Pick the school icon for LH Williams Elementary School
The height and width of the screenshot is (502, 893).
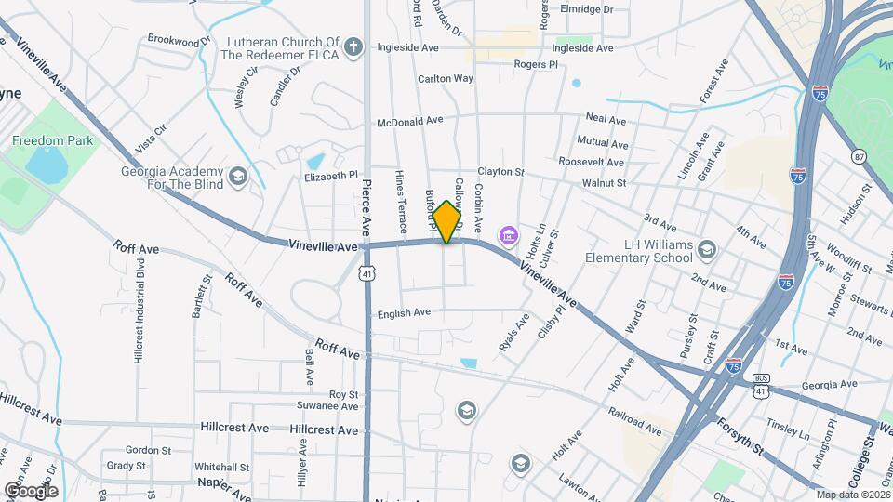[707, 249]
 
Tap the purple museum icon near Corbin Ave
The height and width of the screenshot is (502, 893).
[509, 236]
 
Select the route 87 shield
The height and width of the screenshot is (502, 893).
[857, 156]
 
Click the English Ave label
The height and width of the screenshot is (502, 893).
[404, 313]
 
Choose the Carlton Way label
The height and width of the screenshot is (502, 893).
[446, 79]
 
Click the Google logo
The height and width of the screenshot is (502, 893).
[31, 490]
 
